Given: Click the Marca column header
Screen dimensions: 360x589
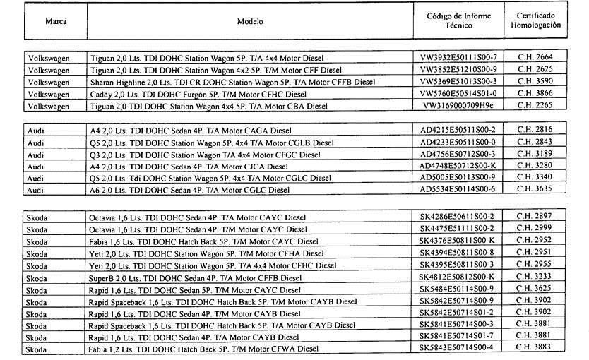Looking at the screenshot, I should tap(56, 22).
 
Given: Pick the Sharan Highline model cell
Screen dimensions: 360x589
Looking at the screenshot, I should tap(233, 82).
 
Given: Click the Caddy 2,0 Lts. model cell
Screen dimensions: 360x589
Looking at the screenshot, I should tap(198, 94).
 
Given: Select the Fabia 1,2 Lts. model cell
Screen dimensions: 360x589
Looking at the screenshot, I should tap(204, 349).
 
